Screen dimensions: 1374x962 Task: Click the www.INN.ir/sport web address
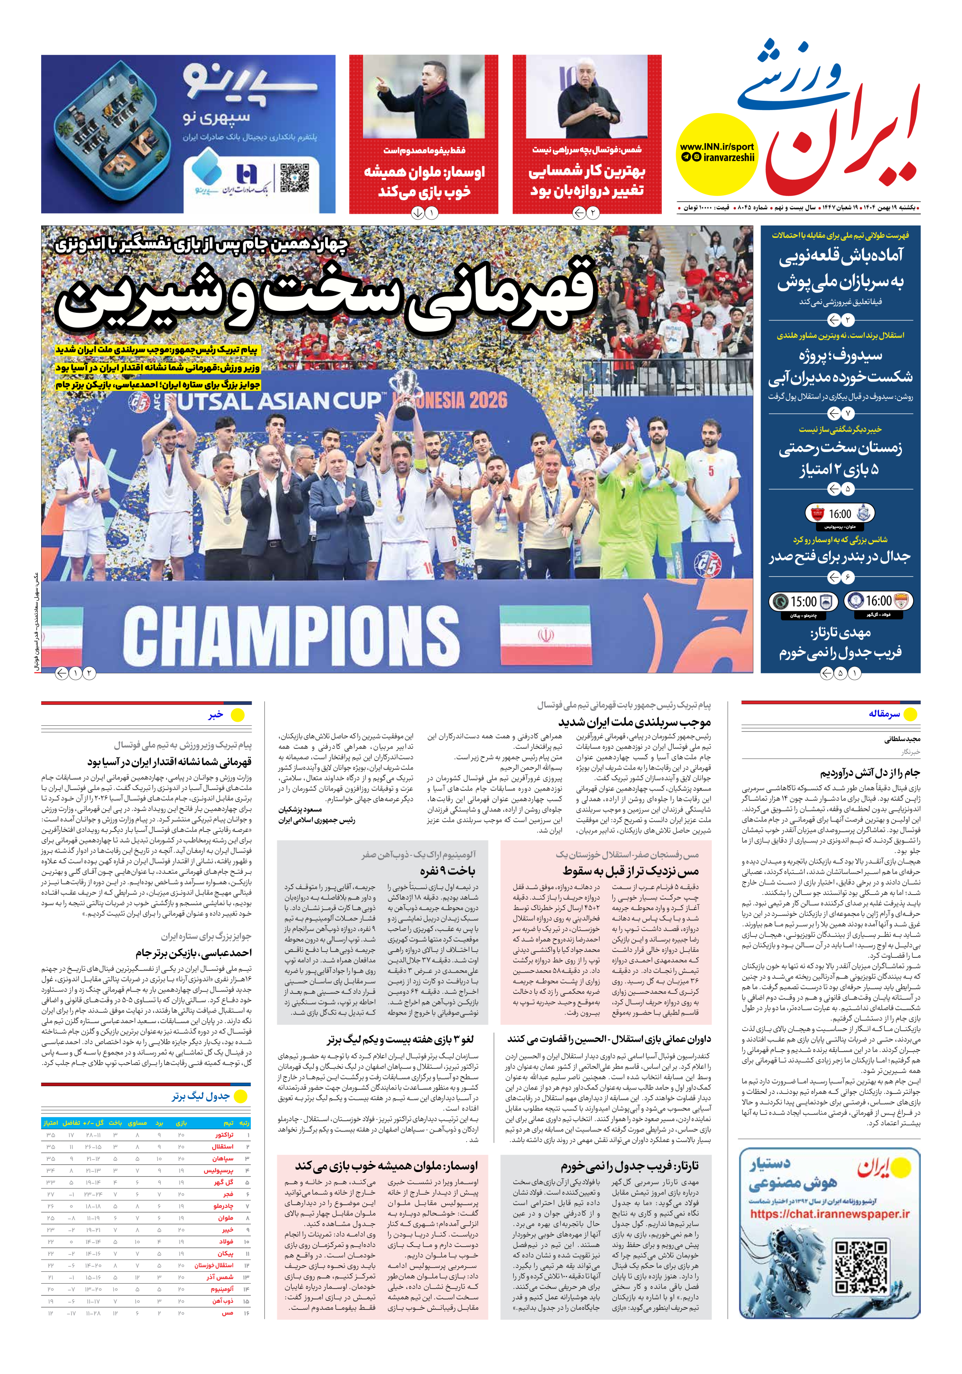pos(716,147)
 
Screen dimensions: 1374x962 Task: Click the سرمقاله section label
pos(884,714)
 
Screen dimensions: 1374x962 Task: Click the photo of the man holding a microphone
pos(587,97)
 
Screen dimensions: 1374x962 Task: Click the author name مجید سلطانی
pos(902,740)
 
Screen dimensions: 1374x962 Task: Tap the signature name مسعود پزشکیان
pos(300,810)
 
